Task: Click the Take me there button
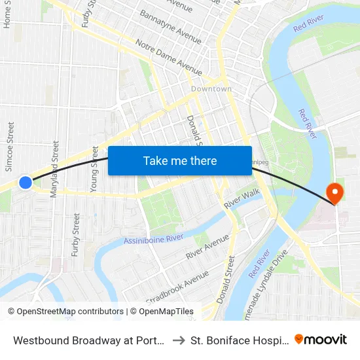(180, 161)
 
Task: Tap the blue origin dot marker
(26, 183)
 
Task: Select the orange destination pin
(334, 192)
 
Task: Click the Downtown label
(211, 89)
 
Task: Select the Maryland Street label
(55, 164)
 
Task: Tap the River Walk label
(242, 197)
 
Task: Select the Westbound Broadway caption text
(88, 340)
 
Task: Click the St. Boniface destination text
(239, 340)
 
